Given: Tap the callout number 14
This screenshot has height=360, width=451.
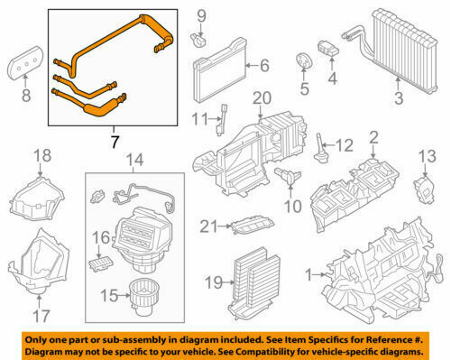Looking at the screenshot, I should pos(134,162).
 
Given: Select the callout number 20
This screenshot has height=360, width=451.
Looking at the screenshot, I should pos(262,98).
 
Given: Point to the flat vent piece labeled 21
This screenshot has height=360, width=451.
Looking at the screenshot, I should pos(249,226).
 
